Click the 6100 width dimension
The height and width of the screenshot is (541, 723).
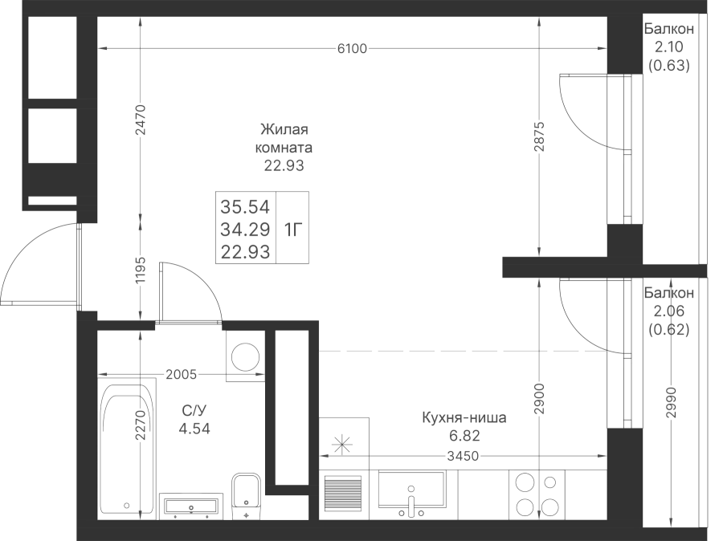tap(353, 48)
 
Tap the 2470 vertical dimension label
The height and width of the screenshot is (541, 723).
tap(141, 120)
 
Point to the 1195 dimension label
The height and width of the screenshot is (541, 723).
tap(141, 270)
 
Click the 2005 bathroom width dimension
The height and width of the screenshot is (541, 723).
tap(182, 375)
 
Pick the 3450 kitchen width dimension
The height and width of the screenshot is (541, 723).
tap(463, 456)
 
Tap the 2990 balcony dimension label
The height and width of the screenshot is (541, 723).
tap(672, 402)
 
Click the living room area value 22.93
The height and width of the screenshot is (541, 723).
tap(284, 165)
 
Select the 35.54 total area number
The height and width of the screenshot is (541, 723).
tap(245, 207)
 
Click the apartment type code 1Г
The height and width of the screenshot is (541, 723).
tap(292, 229)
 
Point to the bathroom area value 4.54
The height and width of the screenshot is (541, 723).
tap(194, 429)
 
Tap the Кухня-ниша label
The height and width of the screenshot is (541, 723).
tap(464, 417)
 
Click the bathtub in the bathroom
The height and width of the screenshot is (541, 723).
tap(127, 449)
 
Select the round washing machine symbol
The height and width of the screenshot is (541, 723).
tap(245, 358)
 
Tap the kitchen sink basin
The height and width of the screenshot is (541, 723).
tap(412, 489)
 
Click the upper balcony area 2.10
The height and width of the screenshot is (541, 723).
tap(668, 47)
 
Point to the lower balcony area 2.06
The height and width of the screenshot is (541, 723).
tap(668, 311)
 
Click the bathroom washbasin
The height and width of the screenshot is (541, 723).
tap(191, 506)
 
